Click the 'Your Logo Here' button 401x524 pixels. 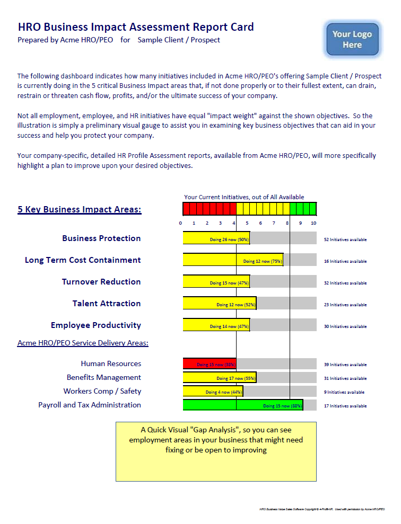point(352,39)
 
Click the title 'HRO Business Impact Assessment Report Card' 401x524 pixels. point(136,27)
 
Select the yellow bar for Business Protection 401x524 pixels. point(216,238)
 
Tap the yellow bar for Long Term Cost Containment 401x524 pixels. point(233,260)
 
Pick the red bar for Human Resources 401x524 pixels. point(210,364)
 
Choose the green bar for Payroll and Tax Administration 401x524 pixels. point(242,405)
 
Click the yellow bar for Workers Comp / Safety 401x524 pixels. point(213,392)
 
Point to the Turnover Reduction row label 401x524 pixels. point(101,282)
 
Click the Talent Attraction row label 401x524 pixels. point(107,304)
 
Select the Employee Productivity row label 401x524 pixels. point(96,325)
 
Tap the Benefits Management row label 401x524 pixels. point(104,378)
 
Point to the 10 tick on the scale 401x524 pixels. point(313,223)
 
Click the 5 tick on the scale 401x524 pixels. point(247,223)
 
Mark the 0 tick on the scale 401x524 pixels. point(181,223)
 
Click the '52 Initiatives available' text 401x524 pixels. point(345,239)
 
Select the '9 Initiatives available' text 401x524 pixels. point(344,392)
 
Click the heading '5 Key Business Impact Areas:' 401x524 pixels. point(80,209)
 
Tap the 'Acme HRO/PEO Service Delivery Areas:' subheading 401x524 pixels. point(83,343)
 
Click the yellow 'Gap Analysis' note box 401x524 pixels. point(216,451)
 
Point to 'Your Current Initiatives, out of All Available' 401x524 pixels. point(244,197)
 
